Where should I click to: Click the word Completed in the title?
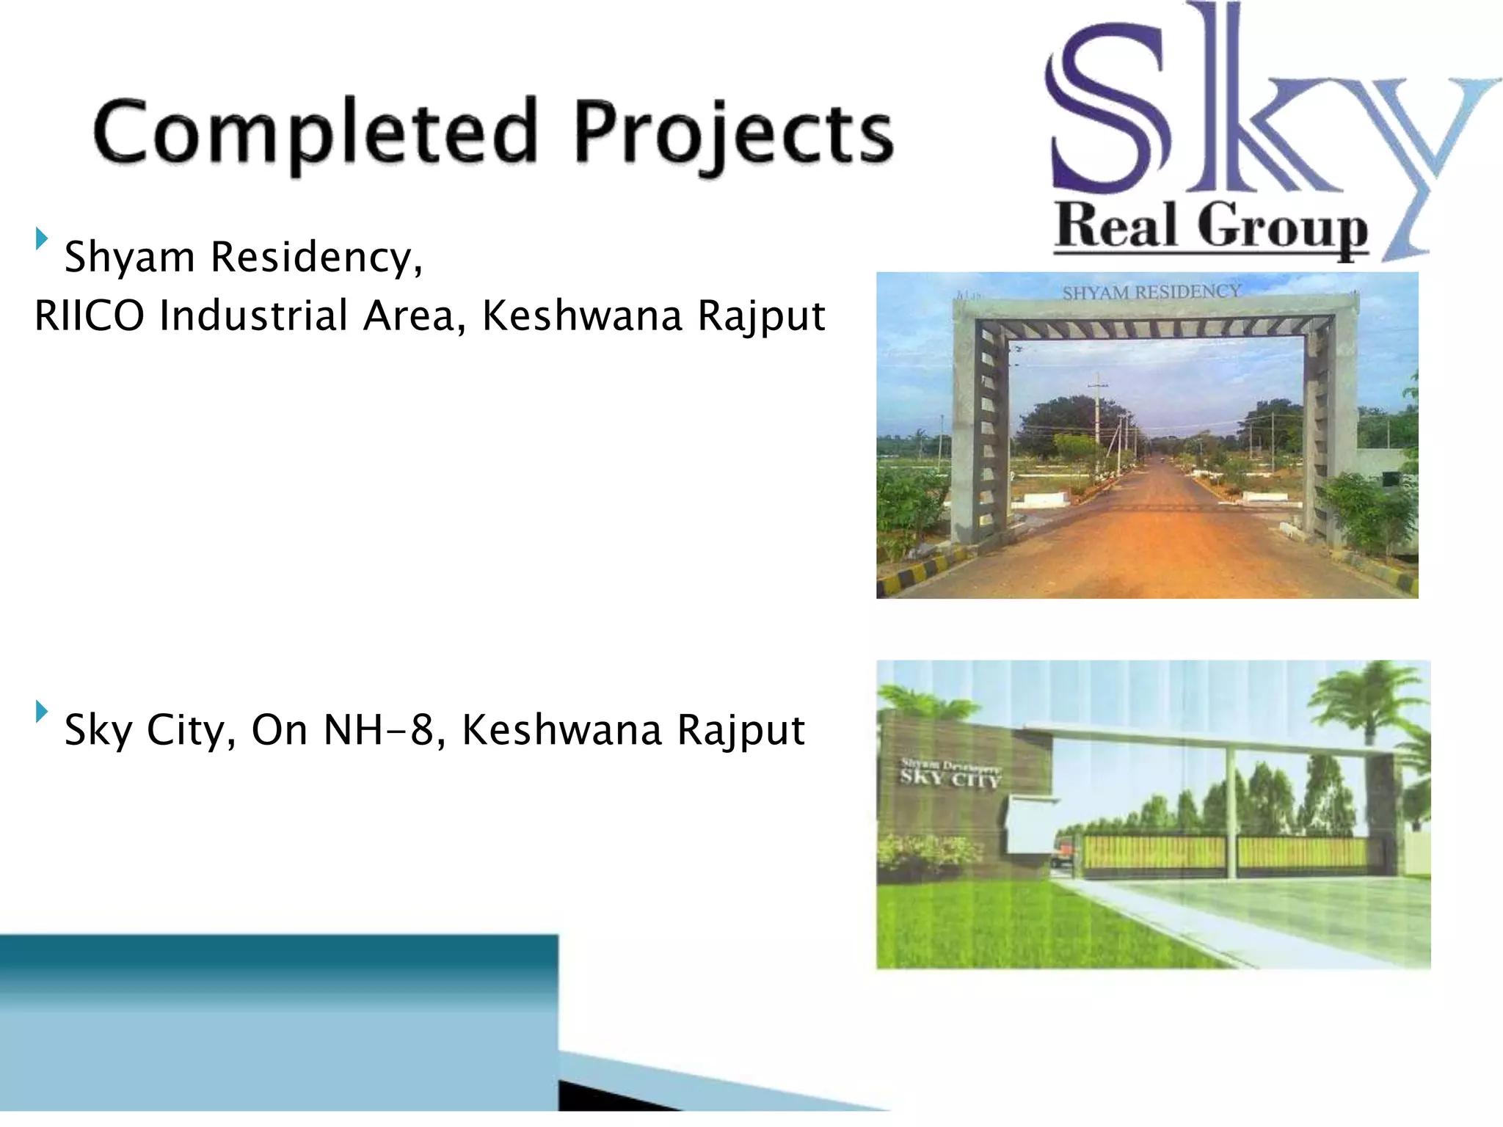click(x=316, y=132)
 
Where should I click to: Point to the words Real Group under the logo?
click(x=1211, y=227)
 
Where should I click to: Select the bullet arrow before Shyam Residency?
click(x=42, y=238)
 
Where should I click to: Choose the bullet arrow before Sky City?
click(x=42, y=711)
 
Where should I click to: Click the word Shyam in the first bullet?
click(x=129, y=258)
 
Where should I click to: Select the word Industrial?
click(x=253, y=316)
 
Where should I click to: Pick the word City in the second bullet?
click(x=191, y=731)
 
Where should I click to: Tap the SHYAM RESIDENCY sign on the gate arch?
click(x=1151, y=292)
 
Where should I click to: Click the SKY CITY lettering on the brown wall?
click(x=950, y=778)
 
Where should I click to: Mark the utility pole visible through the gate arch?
click(x=1098, y=418)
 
